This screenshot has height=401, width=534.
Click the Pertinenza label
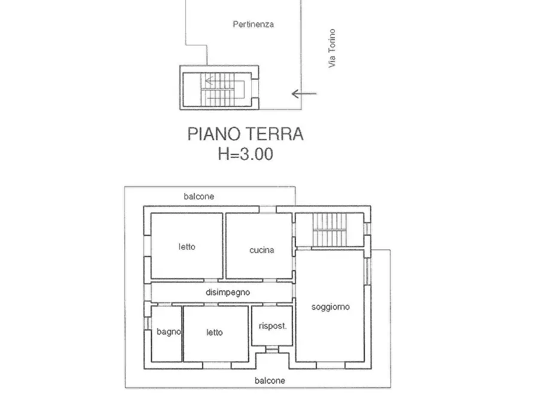tap(253, 25)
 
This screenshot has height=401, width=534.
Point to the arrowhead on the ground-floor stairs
tap(206, 81)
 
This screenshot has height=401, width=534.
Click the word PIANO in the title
tap(213, 134)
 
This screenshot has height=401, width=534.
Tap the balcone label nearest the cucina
tap(199, 196)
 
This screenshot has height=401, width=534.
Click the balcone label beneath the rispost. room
tap(270, 381)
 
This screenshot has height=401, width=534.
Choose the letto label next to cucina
tap(187, 247)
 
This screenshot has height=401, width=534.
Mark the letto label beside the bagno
tap(215, 333)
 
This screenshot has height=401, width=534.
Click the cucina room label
tap(261, 250)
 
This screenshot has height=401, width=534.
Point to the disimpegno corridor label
tap(227, 293)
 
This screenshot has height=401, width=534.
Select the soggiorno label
tap(330, 307)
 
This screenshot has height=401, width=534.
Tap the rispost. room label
tap(273, 326)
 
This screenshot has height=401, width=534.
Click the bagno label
tap(167, 333)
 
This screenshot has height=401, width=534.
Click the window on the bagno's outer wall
tap(147, 323)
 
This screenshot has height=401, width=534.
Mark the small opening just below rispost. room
tap(271, 350)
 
